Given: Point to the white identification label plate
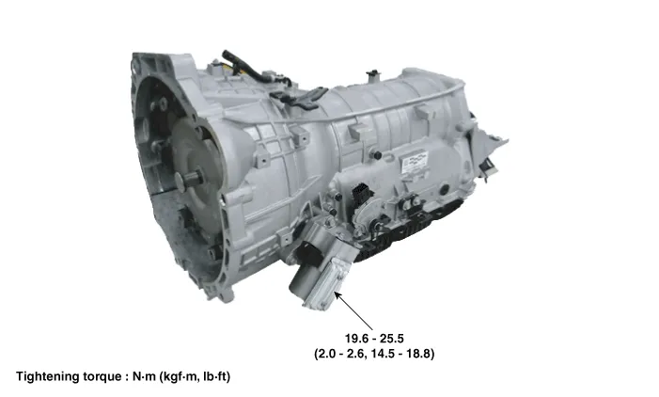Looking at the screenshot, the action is [x=414, y=162].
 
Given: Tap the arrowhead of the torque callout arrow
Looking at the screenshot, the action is [x=337, y=294].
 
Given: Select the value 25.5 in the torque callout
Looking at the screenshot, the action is [x=392, y=338].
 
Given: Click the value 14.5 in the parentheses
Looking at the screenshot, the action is [x=383, y=354].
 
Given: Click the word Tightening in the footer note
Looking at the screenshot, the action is [x=47, y=377].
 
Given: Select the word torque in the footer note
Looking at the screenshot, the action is [x=102, y=377].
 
